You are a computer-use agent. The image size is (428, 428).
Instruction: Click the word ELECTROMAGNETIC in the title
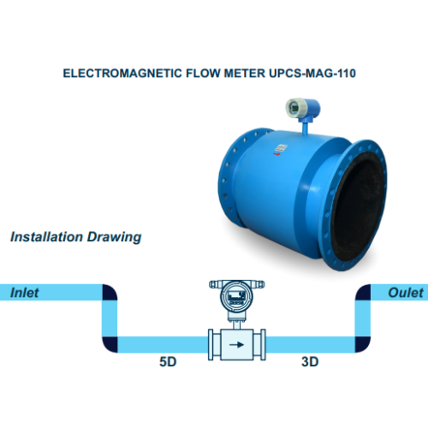pyautogui.click(x=122, y=74)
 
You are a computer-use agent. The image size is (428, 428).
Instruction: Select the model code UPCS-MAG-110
pyautogui.click(x=312, y=74)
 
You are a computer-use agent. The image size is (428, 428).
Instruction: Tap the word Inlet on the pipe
pyautogui.click(x=24, y=293)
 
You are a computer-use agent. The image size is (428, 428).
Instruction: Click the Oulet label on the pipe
pyautogui.click(x=406, y=293)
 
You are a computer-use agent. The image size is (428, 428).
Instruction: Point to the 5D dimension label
pyautogui.click(x=168, y=362)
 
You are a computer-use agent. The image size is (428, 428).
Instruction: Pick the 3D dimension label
pyautogui.click(x=310, y=362)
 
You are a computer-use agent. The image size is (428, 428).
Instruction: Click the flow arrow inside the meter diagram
pyautogui.click(x=236, y=345)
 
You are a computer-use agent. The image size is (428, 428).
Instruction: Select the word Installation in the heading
pyautogui.click(x=46, y=237)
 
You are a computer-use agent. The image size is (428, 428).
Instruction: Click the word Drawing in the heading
pyautogui.click(x=114, y=237)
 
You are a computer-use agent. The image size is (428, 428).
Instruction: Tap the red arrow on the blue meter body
pyautogui.click(x=276, y=154)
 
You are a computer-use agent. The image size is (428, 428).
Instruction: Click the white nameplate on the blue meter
pyautogui.click(x=281, y=148)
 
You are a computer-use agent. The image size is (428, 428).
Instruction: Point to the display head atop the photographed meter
pyautogui.click(x=303, y=109)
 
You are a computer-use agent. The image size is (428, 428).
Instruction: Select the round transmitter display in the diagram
pyautogui.click(x=236, y=297)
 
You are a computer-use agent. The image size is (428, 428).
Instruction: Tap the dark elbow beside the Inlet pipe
pyautogui.click(x=110, y=292)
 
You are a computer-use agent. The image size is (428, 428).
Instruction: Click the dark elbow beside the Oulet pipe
pyautogui.click(x=363, y=292)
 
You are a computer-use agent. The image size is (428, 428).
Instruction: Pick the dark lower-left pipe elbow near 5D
pyautogui.click(x=110, y=345)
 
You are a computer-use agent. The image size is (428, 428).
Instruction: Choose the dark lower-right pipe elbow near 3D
pyautogui.click(x=363, y=345)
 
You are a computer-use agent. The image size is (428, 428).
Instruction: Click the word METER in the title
pyautogui.click(x=245, y=74)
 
